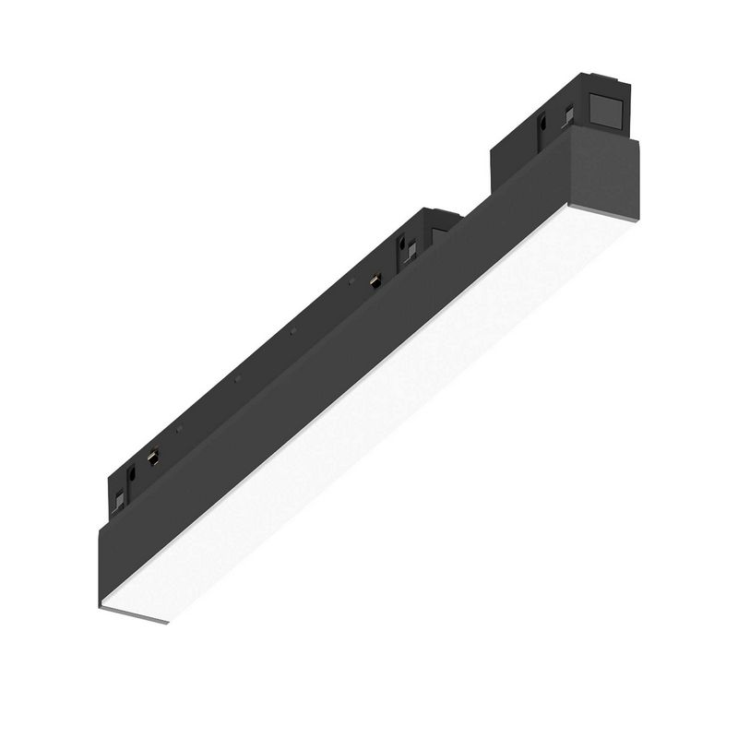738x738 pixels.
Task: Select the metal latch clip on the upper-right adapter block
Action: (568, 115)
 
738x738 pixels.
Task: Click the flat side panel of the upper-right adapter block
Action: (517, 157)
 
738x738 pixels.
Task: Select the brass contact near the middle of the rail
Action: (375, 280)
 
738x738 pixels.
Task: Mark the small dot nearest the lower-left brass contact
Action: (180, 430)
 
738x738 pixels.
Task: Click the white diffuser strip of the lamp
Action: (369, 415)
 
